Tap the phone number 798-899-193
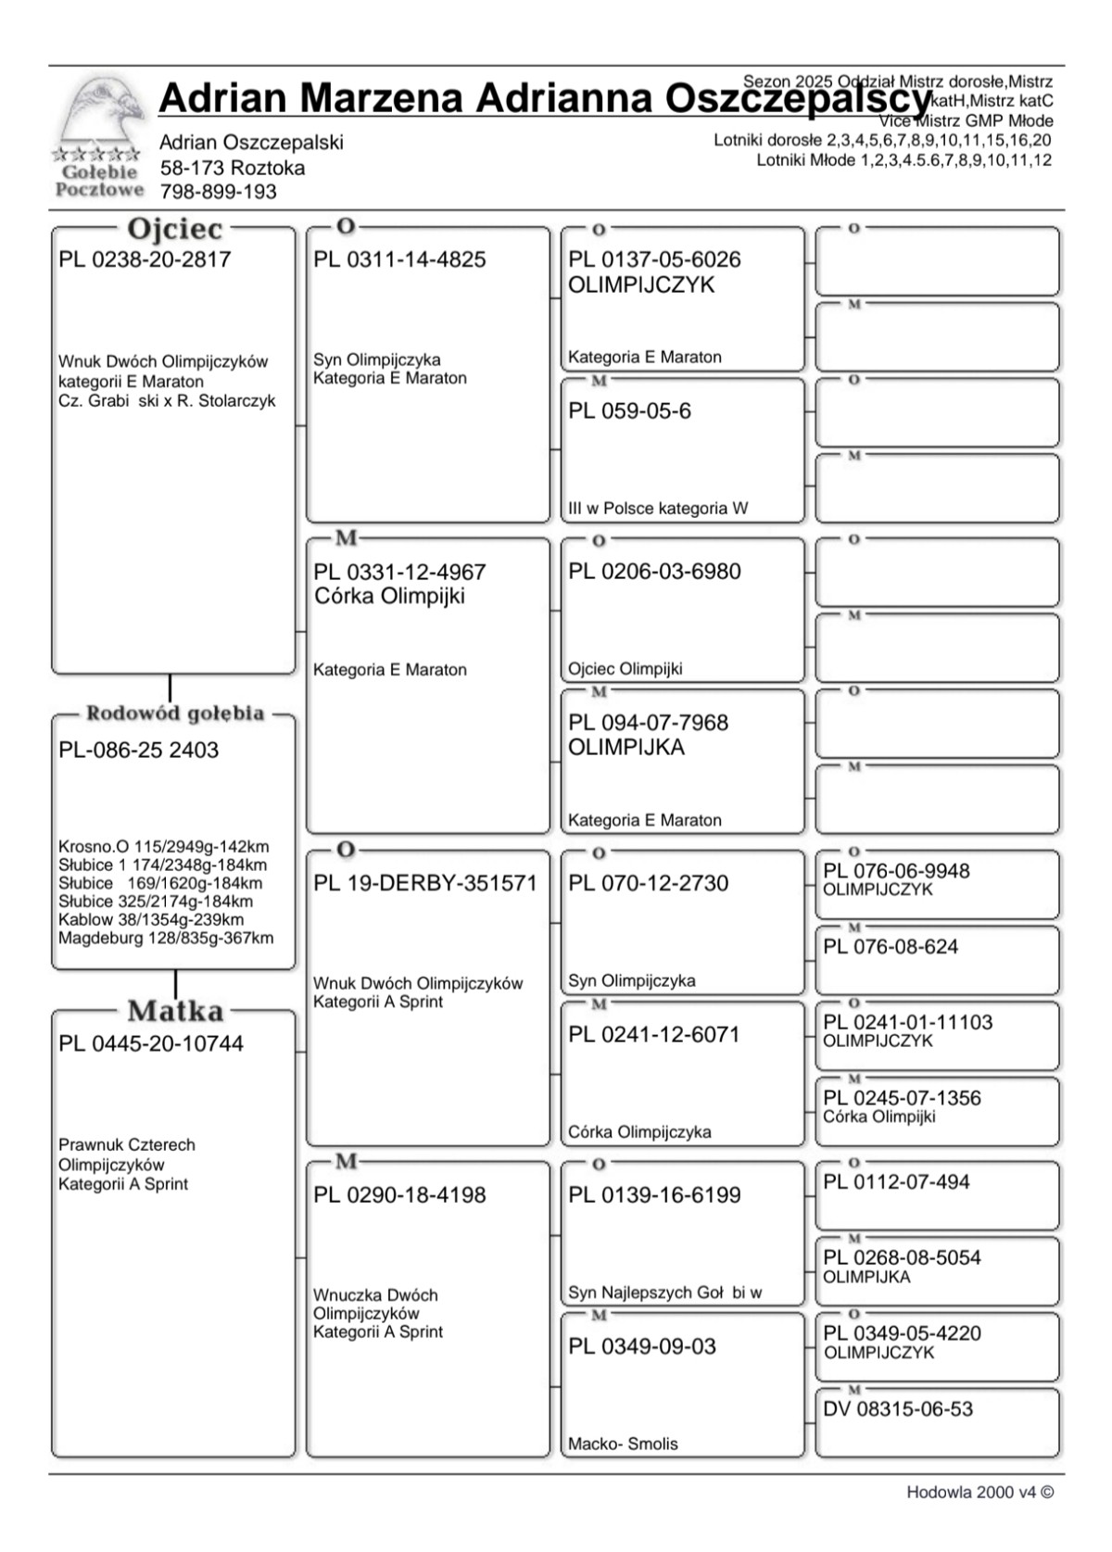tap(218, 192)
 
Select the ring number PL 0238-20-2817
tap(145, 259)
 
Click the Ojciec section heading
tap(174, 229)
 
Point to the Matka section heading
tap(175, 1011)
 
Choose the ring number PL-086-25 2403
tap(139, 750)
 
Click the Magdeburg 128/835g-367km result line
tap(166, 938)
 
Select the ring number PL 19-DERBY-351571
tap(425, 883)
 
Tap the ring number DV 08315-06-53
tap(898, 1409)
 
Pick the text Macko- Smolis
tap(623, 1444)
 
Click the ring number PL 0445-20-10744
tap(151, 1043)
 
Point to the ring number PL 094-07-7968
tap(649, 723)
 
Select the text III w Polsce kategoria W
tap(658, 508)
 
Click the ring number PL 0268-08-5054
tap(902, 1257)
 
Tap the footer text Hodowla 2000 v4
tap(979, 1493)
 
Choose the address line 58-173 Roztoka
tap(233, 168)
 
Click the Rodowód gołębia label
tap(175, 713)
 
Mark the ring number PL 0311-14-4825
tap(399, 259)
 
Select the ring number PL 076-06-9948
tap(896, 871)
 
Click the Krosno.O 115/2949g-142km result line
tap(164, 846)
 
